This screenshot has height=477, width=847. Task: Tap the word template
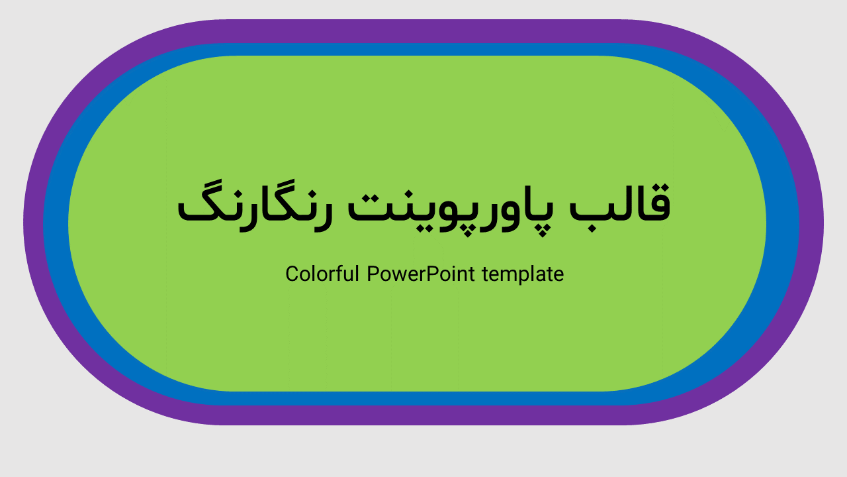point(523,274)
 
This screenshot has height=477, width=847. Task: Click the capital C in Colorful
point(292,274)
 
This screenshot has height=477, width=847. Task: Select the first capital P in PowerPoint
point(373,274)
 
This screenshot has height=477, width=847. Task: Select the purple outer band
point(423,30)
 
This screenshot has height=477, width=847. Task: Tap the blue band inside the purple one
point(423,50)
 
